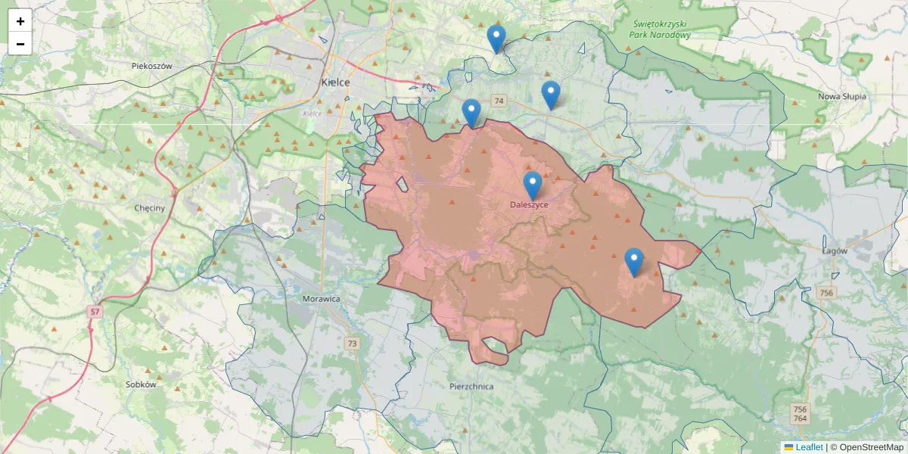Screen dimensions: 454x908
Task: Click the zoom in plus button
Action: coord(20,21)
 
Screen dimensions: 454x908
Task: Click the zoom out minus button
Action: coord(20,44)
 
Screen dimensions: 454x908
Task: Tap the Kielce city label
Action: coord(334,82)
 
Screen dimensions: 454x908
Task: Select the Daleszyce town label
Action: coord(529,204)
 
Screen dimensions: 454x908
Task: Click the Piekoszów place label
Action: coord(152,66)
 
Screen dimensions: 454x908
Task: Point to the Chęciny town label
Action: coord(149,207)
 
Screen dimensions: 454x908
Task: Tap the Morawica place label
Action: coord(321,299)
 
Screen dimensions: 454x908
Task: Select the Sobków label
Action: coord(141,384)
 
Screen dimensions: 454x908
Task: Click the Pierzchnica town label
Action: coord(471,386)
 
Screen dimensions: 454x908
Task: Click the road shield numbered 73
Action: coord(352,344)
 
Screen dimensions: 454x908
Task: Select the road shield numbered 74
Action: coord(498,101)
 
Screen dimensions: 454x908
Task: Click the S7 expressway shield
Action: coord(94,311)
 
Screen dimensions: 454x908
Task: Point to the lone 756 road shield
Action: coord(826,292)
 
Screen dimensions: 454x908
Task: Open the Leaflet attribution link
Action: coord(808,447)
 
